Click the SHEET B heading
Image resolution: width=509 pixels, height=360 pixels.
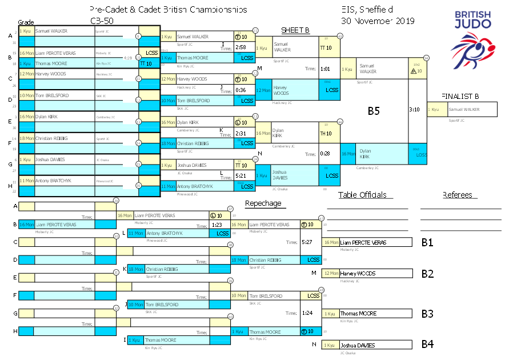pos(295,30)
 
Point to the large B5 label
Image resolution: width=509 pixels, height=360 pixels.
pos(374,111)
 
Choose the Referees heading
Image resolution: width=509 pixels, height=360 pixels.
pos(457,195)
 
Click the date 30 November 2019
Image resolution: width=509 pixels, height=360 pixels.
pos(378,21)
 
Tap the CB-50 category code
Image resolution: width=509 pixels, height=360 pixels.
pos(101,21)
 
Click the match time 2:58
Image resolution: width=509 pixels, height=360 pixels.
pos(241,47)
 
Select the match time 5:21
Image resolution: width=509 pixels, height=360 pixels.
pos(241,175)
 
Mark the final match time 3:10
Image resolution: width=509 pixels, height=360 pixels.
pos(414,109)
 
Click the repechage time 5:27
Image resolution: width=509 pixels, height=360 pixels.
pos(307,242)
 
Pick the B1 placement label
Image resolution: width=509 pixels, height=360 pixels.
pos(427,242)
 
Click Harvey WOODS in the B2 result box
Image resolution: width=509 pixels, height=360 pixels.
pos(358,274)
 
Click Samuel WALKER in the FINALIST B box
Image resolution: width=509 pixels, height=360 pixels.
pos(464,109)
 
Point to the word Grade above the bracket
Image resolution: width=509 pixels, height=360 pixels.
pos(26,22)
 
